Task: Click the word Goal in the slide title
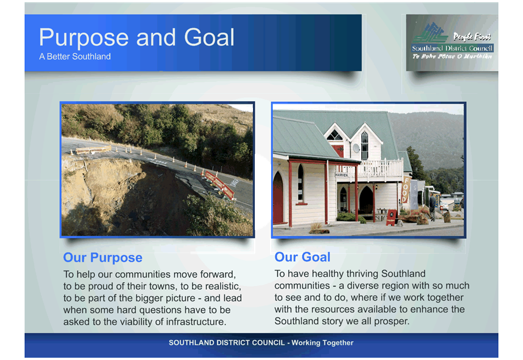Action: [209, 37]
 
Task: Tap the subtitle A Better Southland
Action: [75, 56]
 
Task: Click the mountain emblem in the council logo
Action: [430, 33]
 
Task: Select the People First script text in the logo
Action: [471, 36]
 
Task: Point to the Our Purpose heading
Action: [102, 258]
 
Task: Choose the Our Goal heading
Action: [303, 257]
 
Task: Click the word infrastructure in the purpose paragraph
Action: [196, 322]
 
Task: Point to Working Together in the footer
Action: [322, 342]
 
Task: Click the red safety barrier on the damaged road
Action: [220, 184]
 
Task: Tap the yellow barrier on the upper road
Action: [93, 150]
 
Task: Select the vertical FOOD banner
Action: [405, 190]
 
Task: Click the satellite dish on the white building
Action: [356, 148]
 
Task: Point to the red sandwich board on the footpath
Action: [391, 217]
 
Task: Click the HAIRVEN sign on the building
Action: [341, 175]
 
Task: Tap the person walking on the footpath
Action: [432, 207]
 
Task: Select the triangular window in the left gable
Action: [334, 135]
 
